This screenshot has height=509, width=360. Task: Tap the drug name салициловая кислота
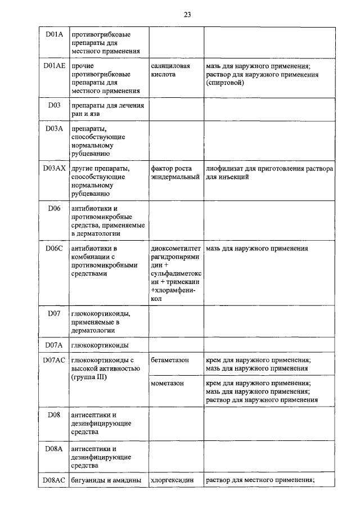point(171,70)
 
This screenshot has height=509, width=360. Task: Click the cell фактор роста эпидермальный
point(175,173)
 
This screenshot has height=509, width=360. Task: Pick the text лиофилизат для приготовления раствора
point(269,169)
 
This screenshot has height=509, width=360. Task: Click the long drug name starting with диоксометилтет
point(175,273)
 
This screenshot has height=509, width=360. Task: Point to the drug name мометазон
point(168,384)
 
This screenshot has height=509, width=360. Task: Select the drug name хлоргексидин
point(172,480)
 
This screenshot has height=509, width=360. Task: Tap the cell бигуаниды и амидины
point(105,480)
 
